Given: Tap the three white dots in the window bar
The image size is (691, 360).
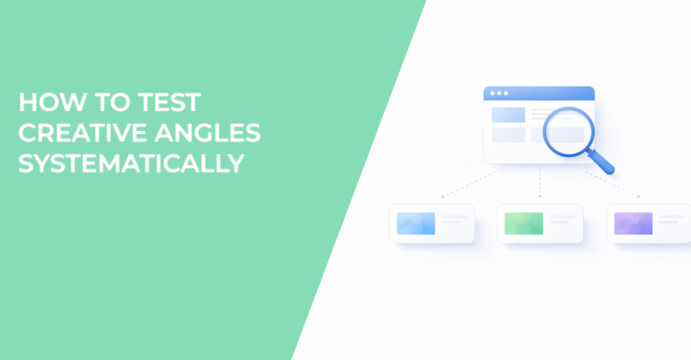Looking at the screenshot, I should [496, 94].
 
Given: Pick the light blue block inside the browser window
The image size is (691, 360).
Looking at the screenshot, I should [509, 114].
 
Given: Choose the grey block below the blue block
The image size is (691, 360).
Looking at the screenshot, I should [509, 135].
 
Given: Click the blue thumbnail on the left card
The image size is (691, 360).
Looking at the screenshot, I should [416, 223].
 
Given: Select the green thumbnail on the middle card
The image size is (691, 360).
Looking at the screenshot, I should [524, 223].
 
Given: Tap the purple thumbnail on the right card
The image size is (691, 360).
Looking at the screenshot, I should [633, 223].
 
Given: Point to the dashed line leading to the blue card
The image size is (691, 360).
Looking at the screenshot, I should [468, 184].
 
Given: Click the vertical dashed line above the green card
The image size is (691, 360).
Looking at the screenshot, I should [540, 183].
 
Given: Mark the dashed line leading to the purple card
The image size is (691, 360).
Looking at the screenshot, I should [612, 184].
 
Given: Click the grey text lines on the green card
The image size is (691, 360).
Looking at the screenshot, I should [562, 220].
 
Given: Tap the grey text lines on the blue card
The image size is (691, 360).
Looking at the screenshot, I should [453, 220].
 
